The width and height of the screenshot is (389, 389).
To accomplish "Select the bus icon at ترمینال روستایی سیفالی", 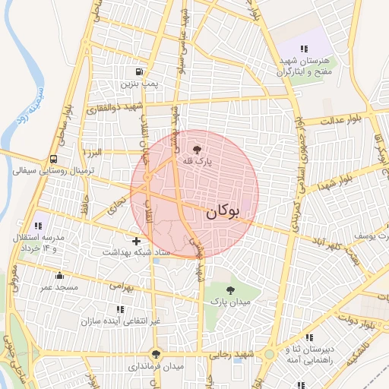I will (53, 160).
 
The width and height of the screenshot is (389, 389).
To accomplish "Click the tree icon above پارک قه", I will (198, 150).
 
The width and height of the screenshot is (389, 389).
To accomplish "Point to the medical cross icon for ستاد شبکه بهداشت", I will (136, 241).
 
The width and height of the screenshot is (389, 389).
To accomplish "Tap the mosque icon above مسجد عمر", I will (59, 276).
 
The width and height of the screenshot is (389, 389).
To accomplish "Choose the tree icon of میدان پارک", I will (231, 289).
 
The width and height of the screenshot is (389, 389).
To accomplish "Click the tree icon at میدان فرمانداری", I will (157, 354).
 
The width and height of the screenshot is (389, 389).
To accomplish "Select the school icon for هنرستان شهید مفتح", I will (304, 49).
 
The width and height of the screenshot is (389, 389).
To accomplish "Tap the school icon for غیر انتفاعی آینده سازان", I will (119, 309).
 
